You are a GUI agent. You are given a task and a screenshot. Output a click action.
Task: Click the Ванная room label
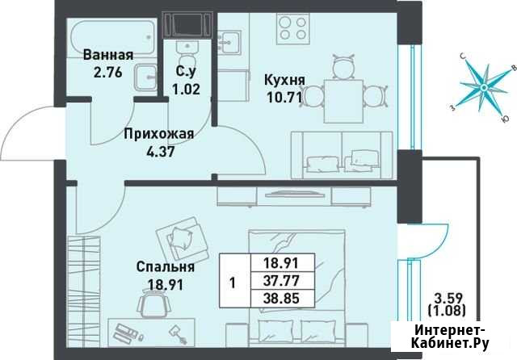click(108, 55)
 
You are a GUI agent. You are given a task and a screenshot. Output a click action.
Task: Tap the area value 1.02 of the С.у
click(187, 90)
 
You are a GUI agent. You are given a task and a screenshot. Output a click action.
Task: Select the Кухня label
click(284, 80)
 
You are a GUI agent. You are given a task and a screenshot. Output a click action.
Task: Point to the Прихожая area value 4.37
click(160, 152)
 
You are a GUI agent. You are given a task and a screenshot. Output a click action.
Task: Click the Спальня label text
click(165, 267)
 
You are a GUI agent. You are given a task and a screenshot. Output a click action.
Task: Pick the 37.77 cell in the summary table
click(281, 281)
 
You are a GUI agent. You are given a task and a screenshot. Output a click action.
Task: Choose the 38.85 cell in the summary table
click(281, 299)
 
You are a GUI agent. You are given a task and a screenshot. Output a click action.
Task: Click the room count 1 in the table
click(233, 283)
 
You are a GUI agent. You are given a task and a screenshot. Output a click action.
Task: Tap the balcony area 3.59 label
click(448, 299)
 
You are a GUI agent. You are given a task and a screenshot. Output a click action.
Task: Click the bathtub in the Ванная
click(111, 36)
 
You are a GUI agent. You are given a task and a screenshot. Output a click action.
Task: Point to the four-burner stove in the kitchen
click(292, 29)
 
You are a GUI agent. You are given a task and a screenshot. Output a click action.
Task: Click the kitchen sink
click(229, 43)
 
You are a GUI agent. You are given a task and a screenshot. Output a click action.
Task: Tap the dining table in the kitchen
click(344, 101)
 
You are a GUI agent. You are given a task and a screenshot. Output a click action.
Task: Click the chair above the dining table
click(343, 66)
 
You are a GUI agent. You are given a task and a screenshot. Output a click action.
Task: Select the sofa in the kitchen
click(342, 156)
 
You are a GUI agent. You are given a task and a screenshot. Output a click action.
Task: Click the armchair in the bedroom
click(182, 240)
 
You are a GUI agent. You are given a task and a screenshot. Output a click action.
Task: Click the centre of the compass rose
click(483, 88)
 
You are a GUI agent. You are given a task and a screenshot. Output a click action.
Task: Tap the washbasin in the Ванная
click(145, 77)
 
